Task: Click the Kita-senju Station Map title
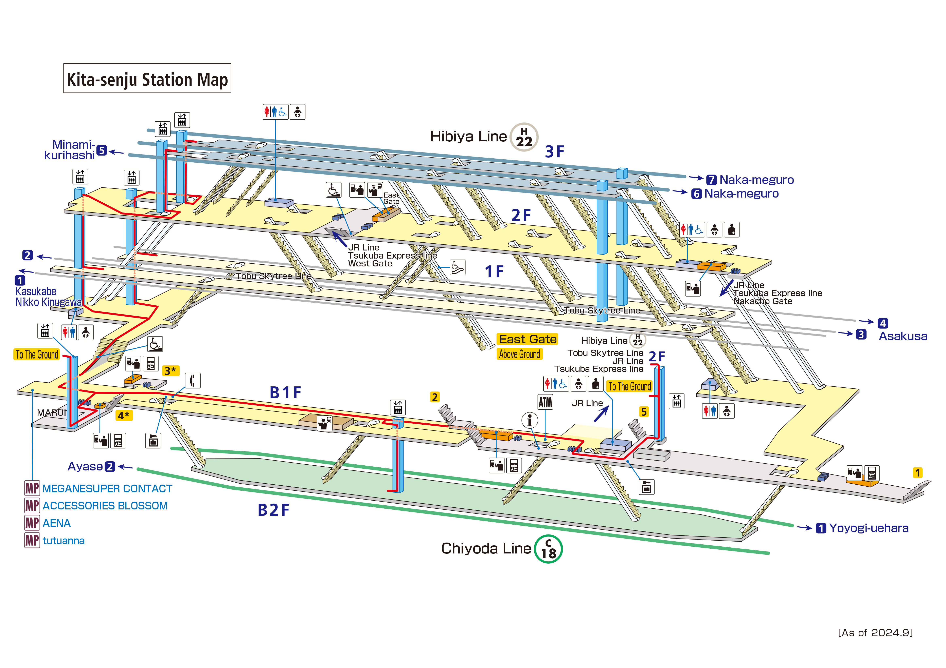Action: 147,79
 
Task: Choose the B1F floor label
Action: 285,393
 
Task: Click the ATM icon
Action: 545,402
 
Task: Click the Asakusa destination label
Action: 903,336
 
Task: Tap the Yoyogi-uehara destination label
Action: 869,528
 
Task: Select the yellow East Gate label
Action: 527,339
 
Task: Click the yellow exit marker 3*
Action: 170,371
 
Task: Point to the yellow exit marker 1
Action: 917,472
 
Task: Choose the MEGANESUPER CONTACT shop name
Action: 107,489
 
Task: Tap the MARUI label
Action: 51,412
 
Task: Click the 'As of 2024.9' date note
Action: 875,633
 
